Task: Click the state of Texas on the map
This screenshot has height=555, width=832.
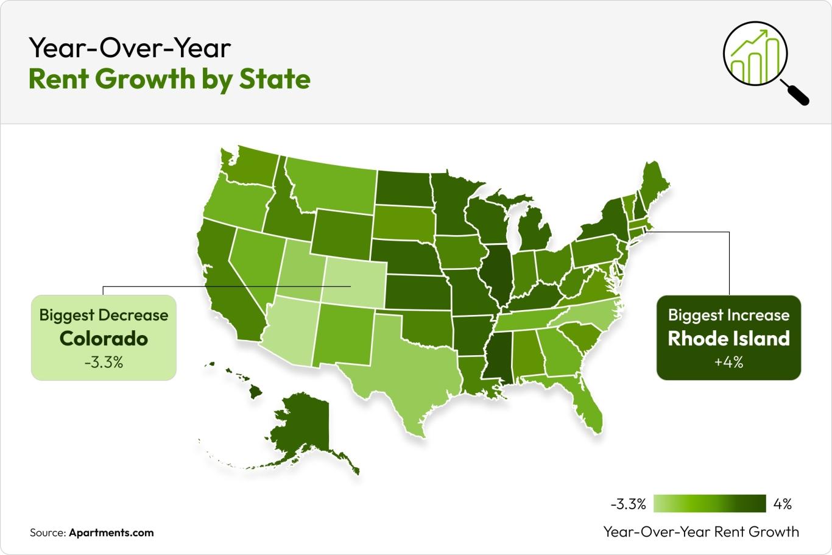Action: coord(405,366)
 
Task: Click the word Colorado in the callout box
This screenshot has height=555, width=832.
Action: coord(104,339)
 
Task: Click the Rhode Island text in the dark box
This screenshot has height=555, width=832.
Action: coord(728,339)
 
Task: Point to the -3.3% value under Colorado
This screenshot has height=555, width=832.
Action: coord(104,362)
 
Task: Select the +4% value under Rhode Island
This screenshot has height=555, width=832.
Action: coord(728,362)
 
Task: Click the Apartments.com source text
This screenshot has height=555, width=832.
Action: coord(111,532)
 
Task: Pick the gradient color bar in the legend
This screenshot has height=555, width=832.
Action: coord(709,504)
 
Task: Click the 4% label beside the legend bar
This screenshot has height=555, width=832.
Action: coord(783,504)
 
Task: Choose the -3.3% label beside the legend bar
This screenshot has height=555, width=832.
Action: coord(628,504)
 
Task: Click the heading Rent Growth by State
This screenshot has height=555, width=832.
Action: coord(169,79)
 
